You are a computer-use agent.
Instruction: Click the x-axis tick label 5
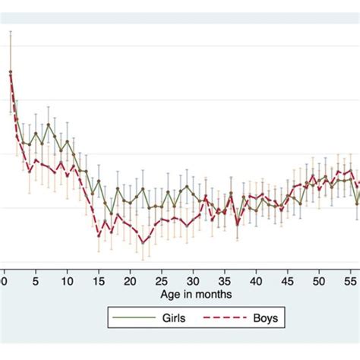pyautogui.click(x=35, y=278)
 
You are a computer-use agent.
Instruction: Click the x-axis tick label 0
pyautogui.click(x=5, y=278)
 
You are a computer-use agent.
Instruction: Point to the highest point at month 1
pyautogui.click(x=11, y=72)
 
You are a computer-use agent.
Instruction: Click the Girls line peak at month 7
pyautogui.click(x=49, y=125)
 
